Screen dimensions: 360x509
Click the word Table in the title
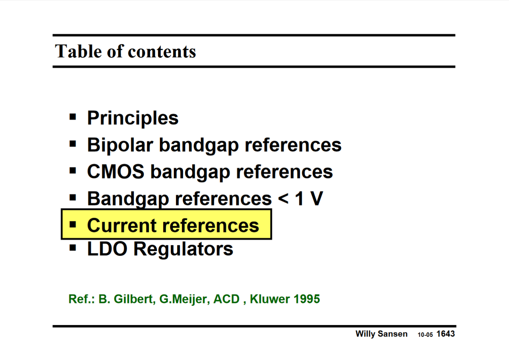point(78,51)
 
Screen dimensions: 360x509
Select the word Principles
point(133,118)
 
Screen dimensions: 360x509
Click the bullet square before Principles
point(73,117)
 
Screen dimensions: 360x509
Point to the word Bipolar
point(120,145)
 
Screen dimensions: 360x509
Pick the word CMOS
point(116,172)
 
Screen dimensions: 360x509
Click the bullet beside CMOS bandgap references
point(73,171)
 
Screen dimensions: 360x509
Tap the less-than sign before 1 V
point(283,199)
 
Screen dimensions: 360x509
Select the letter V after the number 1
point(316,199)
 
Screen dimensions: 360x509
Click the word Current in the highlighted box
point(121,225)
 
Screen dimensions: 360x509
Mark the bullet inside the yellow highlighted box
point(73,224)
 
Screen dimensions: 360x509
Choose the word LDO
point(107,249)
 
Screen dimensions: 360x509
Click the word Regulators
point(183,249)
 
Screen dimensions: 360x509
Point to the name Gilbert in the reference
point(133,299)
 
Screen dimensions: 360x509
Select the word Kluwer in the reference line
point(269,299)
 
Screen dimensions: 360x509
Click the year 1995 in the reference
point(307,299)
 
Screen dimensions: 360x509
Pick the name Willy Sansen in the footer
point(381,334)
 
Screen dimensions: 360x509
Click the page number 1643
point(445,334)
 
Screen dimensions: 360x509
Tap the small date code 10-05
point(425,335)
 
